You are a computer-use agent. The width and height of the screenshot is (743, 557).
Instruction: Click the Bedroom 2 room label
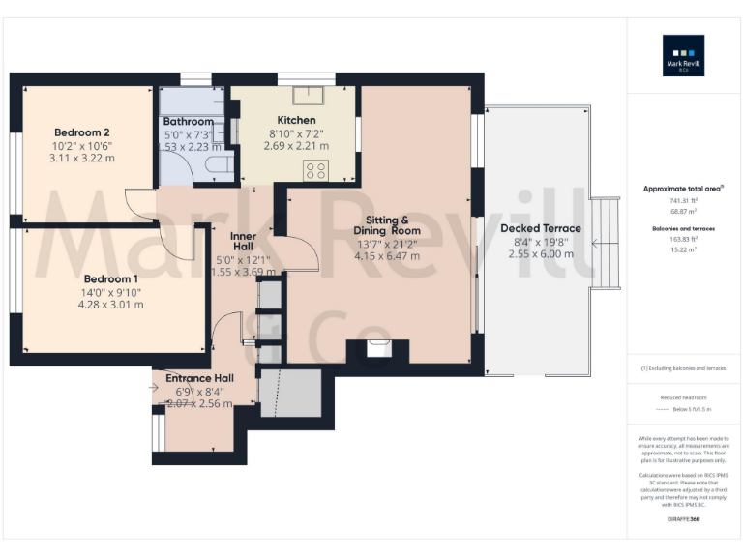pyautogui.click(x=81, y=132)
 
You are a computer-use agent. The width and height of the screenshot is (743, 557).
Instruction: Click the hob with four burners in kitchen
pyautogui.click(x=316, y=171)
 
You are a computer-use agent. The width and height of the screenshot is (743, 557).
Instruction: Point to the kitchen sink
pyautogui.click(x=312, y=94)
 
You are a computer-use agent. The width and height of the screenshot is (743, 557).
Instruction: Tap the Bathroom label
pyautogui.click(x=189, y=121)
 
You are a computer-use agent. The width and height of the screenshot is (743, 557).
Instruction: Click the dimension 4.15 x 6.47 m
pyautogui.click(x=387, y=256)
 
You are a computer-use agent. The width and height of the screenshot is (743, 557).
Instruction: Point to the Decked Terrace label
pyautogui.click(x=541, y=228)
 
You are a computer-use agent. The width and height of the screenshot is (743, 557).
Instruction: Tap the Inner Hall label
pyautogui.click(x=242, y=241)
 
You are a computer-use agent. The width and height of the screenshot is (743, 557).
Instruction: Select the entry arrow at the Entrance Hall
pyautogui.click(x=155, y=388)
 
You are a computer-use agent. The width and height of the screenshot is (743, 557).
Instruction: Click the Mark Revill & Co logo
pyautogui.click(x=683, y=55)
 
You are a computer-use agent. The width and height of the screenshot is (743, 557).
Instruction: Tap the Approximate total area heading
pyautogui.click(x=683, y=189)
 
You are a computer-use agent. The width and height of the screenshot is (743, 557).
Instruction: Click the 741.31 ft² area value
pyautogui.click(x=683, y=200)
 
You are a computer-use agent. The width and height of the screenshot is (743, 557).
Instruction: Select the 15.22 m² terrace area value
pyautogui.click(x=683, y=248)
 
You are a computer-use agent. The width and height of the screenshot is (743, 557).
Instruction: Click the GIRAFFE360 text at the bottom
pyautogui.click(x=683, y=519)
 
